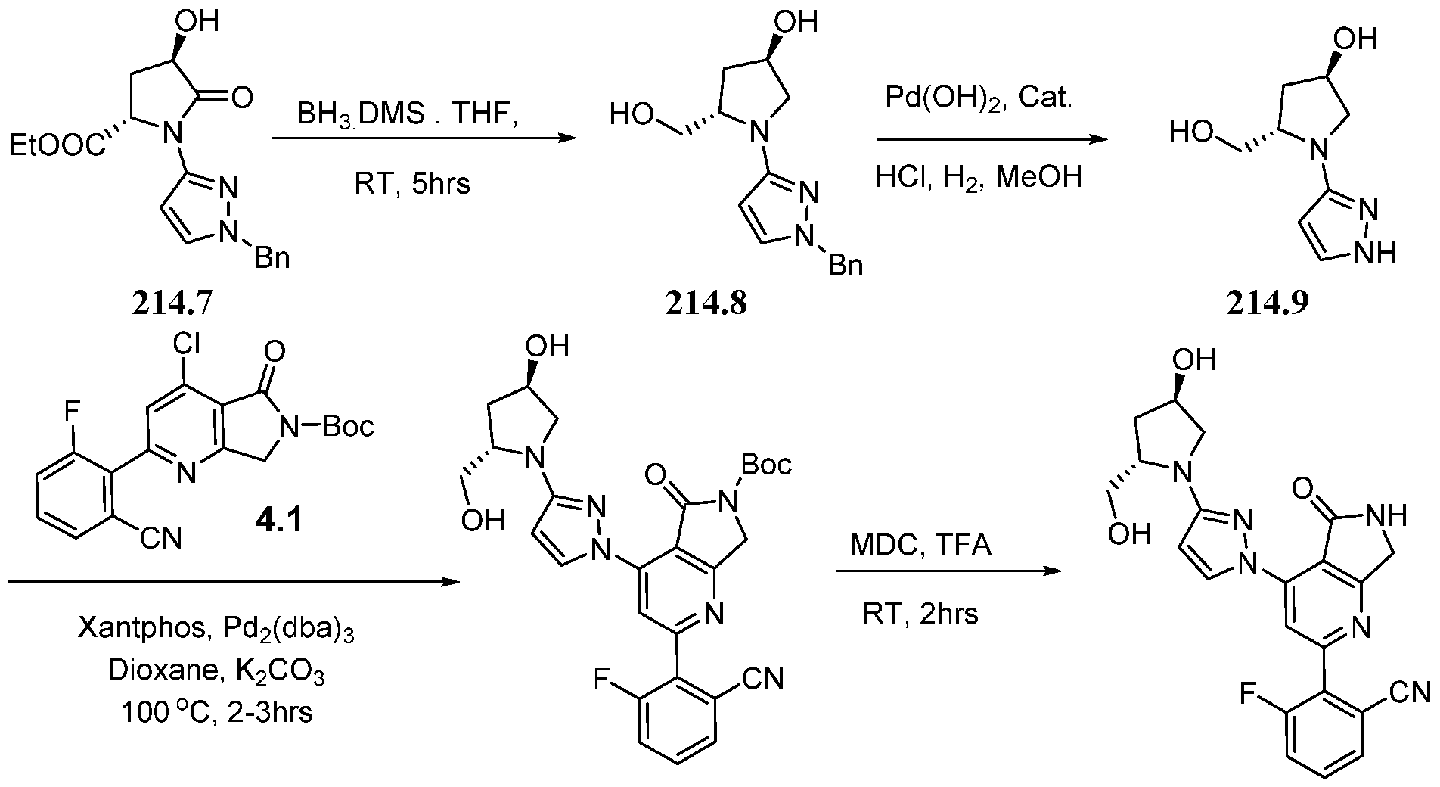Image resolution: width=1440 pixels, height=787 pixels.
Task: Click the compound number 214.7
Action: point(172,304)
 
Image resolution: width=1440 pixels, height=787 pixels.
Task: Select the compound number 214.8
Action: point(706,304)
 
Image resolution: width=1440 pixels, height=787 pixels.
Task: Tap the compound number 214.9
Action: point(1268,304)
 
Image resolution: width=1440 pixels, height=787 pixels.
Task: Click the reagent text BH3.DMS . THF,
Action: point(408,118)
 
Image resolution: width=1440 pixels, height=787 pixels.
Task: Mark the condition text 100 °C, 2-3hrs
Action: point(217,711)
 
